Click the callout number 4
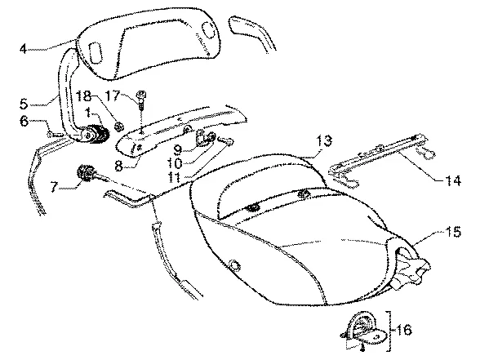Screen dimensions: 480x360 click(24, 49)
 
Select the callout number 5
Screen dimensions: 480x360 click(24, 104)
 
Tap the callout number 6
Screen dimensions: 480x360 click(24, 121)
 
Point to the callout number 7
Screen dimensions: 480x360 click(54, 186)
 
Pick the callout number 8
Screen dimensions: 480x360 click(119, 167)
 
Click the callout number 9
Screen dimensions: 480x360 click(178, 150)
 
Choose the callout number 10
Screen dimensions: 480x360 click(175, 163)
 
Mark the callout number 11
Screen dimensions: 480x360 click(176, 178)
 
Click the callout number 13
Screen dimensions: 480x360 click(325, 140)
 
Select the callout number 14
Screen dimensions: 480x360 click(453, 180)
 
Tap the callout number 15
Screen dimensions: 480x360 click(453, 232)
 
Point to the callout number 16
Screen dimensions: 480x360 click(404, 330)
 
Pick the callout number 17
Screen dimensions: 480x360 click(113, 96)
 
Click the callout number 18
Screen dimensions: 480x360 click(83, 96)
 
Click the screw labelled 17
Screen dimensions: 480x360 click(142, 100)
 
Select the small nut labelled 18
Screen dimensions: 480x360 click(118, 125)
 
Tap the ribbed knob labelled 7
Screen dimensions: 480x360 click(87, 173)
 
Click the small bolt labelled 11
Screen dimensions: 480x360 click(227, 140)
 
